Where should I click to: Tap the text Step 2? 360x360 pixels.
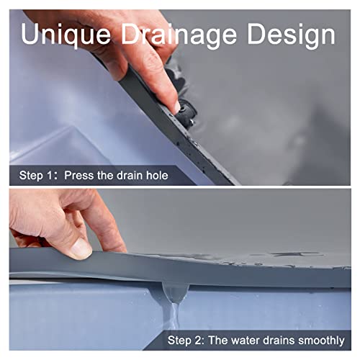coord(186,339)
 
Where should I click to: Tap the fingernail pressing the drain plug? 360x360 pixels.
coord(175,107)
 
